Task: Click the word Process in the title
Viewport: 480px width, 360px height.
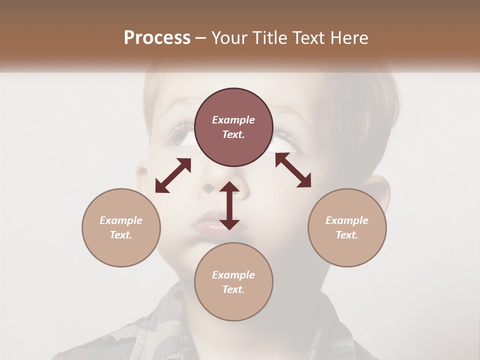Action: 157,38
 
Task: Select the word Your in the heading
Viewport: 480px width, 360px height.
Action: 227,38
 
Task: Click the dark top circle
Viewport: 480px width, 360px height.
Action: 233,127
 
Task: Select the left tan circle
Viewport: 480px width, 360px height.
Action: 121,227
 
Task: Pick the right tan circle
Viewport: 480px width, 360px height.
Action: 347,227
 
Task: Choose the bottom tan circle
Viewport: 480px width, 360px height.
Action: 233,282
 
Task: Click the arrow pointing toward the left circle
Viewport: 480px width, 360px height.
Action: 173,175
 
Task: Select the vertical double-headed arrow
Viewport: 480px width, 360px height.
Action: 229,205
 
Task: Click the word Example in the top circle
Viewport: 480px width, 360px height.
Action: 233,120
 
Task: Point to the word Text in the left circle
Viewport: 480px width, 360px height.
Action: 121,235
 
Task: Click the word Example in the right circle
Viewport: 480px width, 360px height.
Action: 347,220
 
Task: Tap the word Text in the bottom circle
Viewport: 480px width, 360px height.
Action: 233,289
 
